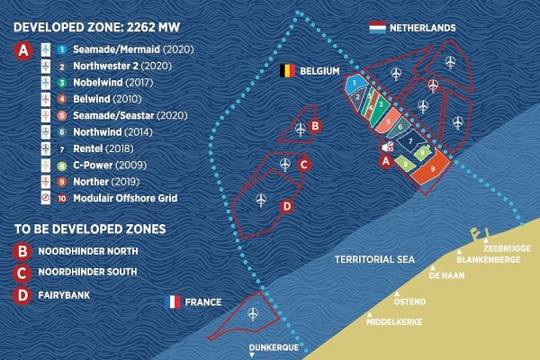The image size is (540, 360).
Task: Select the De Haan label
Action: pos(446,276)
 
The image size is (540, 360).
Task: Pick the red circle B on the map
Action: pos(314,126)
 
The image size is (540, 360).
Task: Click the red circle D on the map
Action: pos(287,206)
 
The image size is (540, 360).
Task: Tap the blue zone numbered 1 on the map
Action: pos(356,82)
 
